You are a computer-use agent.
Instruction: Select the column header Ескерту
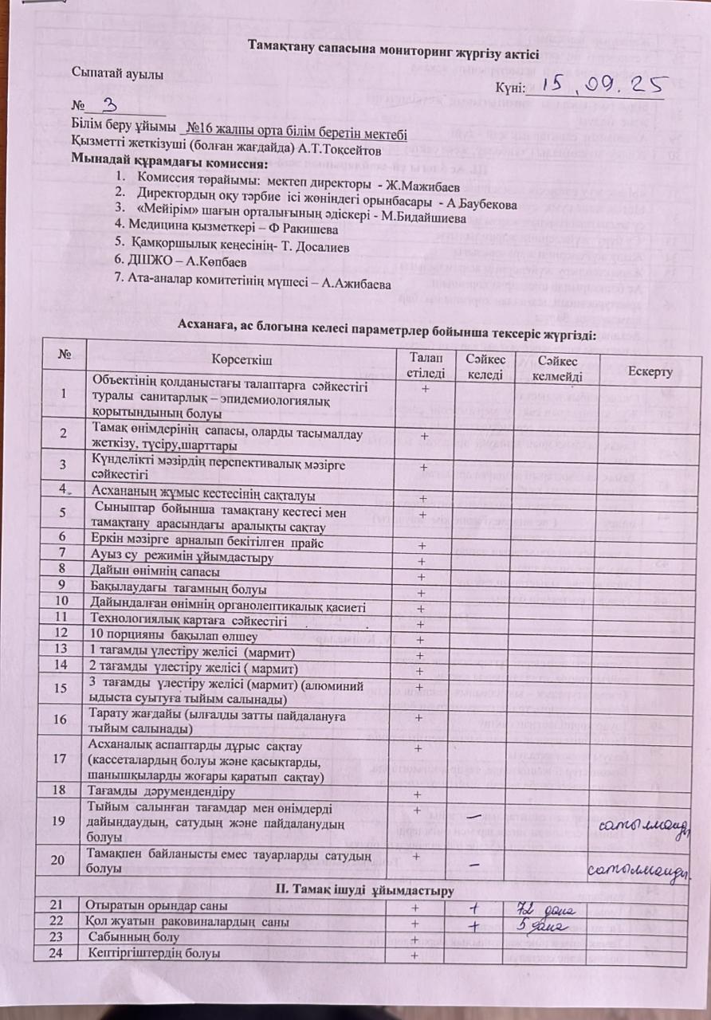click(650, 372)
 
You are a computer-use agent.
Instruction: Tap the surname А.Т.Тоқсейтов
click(338, 150)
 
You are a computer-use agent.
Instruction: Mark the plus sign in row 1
click(426, 388)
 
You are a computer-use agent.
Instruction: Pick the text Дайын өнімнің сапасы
click(156, 571)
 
